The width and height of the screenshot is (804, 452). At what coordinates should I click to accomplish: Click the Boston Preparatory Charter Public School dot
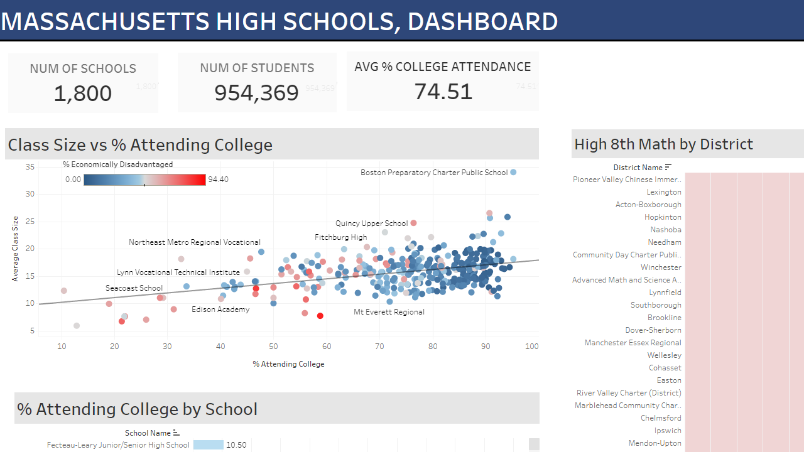click(513, 172)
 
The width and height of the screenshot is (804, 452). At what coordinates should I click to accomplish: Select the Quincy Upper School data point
click(413, 223)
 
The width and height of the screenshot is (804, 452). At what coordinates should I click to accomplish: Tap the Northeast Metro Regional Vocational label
click(195, 242)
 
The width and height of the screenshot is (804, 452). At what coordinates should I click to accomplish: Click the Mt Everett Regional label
click(389, 312)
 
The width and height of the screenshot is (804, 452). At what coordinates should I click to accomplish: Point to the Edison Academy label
click(220, 309)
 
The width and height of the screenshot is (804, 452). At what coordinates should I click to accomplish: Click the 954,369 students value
click(257, 92)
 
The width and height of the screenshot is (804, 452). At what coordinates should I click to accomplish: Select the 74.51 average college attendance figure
click(443, 91)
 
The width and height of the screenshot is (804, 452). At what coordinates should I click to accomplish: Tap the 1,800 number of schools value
click(83, 94)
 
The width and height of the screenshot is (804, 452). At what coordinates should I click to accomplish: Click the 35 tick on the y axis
click(30, 167)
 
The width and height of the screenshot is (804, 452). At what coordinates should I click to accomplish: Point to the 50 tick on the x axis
click(273, 346)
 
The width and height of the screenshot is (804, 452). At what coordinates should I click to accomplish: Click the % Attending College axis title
click(288, 363)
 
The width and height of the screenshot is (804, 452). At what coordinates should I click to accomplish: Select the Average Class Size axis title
click(15, 249)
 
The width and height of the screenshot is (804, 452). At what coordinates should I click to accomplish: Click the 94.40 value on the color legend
click(218, 180)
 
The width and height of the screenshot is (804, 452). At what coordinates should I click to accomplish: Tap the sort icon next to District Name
click(668, 167)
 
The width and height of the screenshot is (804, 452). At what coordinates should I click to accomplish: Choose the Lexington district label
click(664, 192)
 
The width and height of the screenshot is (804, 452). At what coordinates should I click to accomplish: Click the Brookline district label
click(665, 318)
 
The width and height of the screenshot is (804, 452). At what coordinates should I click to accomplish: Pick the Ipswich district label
click(668, 431)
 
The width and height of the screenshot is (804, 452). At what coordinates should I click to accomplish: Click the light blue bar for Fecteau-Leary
click(208, 445)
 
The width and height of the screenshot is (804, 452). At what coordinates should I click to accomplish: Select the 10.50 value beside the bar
click(236, 445)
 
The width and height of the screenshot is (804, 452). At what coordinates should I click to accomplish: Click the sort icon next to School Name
click(176, 433)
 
